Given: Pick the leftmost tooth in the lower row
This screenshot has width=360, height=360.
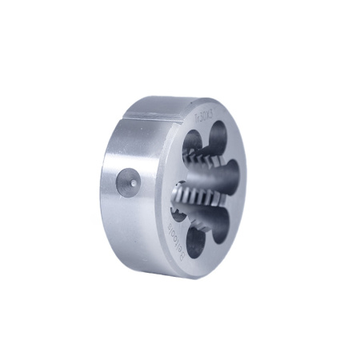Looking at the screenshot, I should point(178,195).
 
